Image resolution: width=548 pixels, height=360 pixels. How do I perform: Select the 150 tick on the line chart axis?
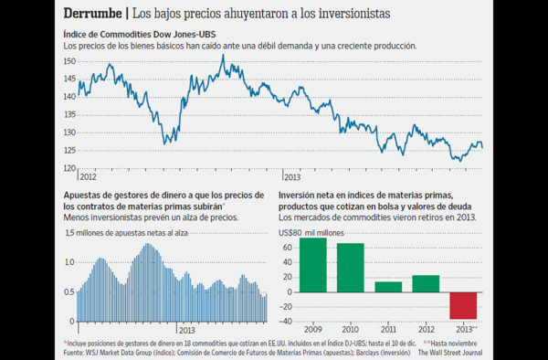click(x=68, y=61)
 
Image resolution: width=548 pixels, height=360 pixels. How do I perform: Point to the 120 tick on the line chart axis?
click(x=68, y=168)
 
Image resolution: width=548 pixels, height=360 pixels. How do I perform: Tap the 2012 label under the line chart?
click(x=89, y=174)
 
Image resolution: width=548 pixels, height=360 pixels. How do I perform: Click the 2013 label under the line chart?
click(x=293, y=174)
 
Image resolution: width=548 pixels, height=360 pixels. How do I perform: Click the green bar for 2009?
click(x=312, y=265)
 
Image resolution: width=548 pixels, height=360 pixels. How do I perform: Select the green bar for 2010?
click(x=350, y=268)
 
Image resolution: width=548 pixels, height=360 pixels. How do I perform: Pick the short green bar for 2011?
click(x=388, y=287)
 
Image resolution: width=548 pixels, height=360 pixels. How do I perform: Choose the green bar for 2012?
click(x=426, y=283)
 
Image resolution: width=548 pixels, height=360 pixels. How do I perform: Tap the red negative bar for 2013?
click(x=463, y=305)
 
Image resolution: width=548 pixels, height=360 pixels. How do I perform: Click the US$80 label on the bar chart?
click(x=290, y=233)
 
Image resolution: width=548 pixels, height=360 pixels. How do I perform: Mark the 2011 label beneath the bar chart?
click(x=388, y=330)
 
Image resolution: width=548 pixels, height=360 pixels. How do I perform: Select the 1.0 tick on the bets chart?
click(x=69, y=262)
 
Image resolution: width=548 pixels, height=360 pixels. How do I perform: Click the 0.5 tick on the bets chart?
click(x=69, y=291)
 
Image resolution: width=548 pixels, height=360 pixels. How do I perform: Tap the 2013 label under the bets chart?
click(x=188, y=329)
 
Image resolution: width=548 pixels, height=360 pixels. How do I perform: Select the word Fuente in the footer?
click(x=77, y=351)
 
